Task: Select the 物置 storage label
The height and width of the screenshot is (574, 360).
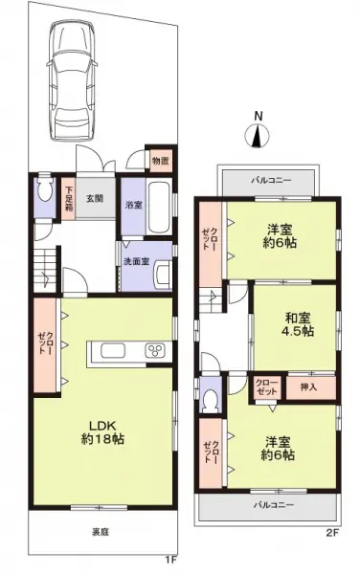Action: coord(160,161)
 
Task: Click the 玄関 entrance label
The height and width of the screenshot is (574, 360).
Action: coord(96,198)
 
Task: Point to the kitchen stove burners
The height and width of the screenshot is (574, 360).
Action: coord(154,352)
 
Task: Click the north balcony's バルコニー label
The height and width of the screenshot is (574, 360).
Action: coord(270,179)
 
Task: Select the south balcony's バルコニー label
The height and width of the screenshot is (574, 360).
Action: coord(273,503)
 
